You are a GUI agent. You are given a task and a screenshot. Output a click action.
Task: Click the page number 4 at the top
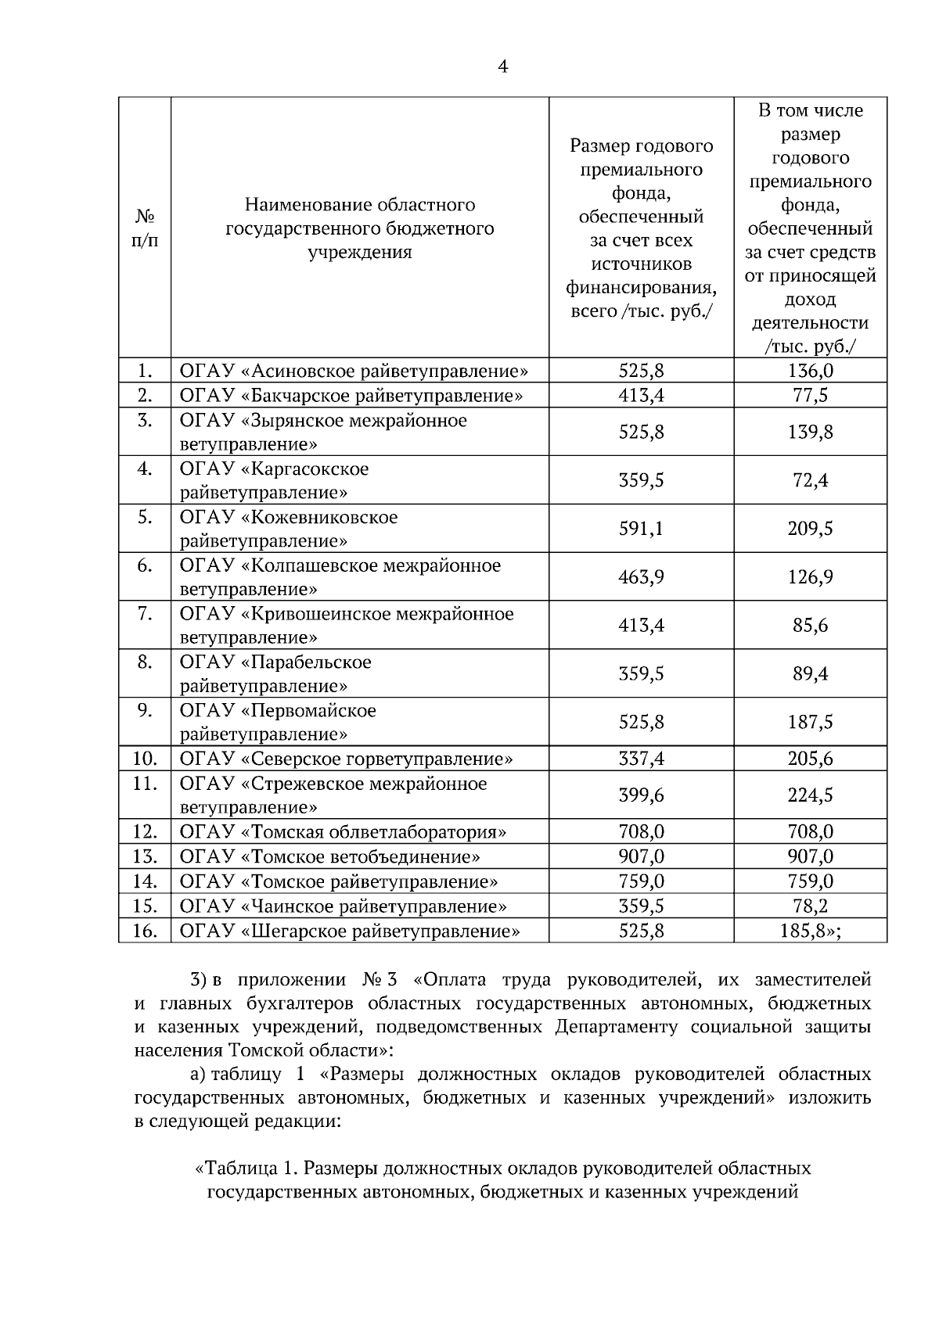[503, 67]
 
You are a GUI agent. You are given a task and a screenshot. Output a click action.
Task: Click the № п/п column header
[144, 228]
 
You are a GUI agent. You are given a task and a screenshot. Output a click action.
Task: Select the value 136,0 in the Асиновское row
[810, 371]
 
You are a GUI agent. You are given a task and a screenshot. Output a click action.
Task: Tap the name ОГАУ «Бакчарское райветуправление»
[351, 395]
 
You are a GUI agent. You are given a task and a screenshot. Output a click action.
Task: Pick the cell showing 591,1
[641, 529]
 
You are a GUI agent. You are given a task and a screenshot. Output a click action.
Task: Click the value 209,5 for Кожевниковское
[810, 529]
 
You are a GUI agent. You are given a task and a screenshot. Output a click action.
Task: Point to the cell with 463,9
[641, 577]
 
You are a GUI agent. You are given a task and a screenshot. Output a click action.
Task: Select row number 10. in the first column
[145, 759]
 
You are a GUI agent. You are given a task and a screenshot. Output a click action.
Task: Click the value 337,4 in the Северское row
[641, 759]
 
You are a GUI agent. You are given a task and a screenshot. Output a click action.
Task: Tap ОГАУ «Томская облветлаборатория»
[343, 831]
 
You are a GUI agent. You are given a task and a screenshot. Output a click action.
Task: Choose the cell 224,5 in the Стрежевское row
[810, 795]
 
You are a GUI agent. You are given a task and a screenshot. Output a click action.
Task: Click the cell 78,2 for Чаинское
[810, 906]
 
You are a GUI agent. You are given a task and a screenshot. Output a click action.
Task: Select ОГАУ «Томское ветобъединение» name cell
[329, 856]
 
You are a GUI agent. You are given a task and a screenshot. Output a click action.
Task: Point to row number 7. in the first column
[145, 614]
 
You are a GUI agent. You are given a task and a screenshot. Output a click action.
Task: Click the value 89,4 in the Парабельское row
[810, 674]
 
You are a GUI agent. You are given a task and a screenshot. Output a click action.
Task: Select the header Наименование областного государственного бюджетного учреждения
[360, 228]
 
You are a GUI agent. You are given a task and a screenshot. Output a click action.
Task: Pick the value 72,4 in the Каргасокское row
[810, 480]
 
